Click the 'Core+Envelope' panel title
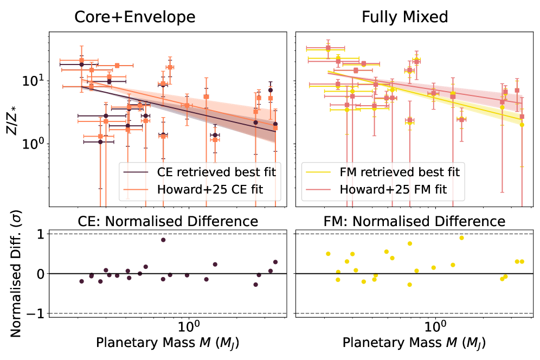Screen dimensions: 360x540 (134, 17)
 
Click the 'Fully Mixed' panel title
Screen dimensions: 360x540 (405, 17)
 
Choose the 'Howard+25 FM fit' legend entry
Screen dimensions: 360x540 (402, 190)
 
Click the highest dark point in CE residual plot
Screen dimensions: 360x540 (163, 240)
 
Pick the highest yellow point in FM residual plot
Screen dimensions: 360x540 (461, 237)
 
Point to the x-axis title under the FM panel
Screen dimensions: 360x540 (414, 344)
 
